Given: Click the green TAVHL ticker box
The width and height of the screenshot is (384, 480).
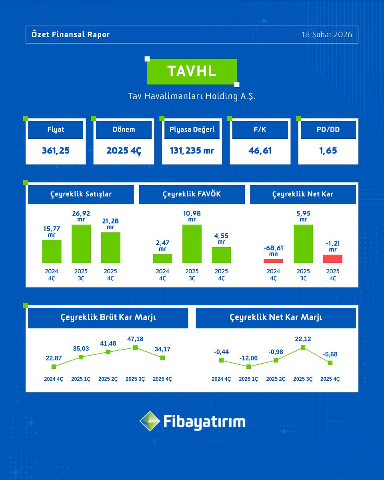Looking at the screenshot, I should (192, 71).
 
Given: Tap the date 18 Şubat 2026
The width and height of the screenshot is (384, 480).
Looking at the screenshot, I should (327, 34).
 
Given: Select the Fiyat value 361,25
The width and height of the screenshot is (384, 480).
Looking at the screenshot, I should (55, 151).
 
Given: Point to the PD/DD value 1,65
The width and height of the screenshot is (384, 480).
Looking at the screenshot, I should (328, 151).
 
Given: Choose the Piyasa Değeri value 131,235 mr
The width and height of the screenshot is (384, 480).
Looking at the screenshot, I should (192, 151).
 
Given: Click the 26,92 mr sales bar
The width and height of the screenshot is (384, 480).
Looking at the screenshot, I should (81, 244).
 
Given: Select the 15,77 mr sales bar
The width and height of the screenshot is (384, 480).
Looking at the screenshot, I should (52, 251).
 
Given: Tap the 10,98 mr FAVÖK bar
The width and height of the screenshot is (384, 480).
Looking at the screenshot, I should (192, 244).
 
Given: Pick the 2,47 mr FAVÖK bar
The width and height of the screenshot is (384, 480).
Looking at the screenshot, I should (162, 258).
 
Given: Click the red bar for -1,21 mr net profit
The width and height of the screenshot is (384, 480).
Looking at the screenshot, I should (333, 259).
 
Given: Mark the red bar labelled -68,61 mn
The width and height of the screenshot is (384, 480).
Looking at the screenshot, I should (273, 261).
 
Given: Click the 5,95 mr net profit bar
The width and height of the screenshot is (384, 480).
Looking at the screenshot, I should (303, 244).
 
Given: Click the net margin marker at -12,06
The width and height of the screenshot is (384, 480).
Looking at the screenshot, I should (249, 366).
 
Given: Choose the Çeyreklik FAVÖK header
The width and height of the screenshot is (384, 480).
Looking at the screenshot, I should (192, 194).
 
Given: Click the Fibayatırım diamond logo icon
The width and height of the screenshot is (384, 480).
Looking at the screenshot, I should (150, 421).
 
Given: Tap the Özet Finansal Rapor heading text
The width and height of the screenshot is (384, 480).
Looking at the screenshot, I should (70, 34).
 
